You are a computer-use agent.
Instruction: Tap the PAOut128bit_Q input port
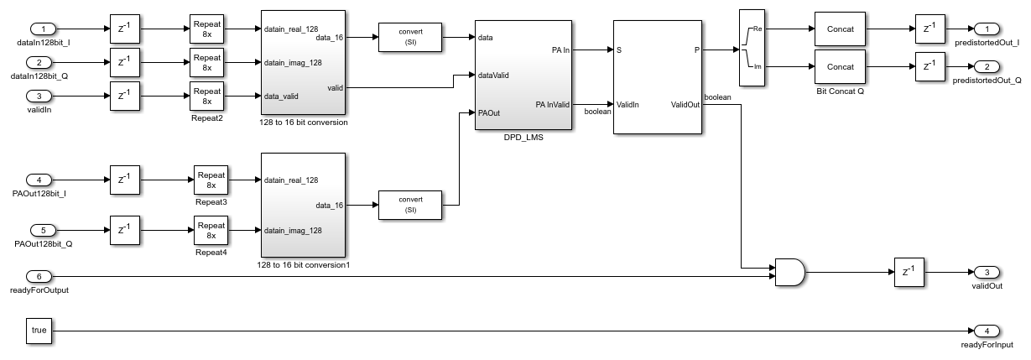pos(42,230)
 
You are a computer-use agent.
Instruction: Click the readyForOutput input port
pos(42,276)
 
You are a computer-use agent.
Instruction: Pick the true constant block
pos(39,331)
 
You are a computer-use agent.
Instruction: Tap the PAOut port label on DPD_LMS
pos(491,112)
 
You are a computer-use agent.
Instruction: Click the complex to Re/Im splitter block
pos(750,47)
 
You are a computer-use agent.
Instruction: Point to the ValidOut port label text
pos(685,105)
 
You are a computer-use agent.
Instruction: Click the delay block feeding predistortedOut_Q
pos(929,66)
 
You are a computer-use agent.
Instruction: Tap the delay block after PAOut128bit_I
pos(125,179)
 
